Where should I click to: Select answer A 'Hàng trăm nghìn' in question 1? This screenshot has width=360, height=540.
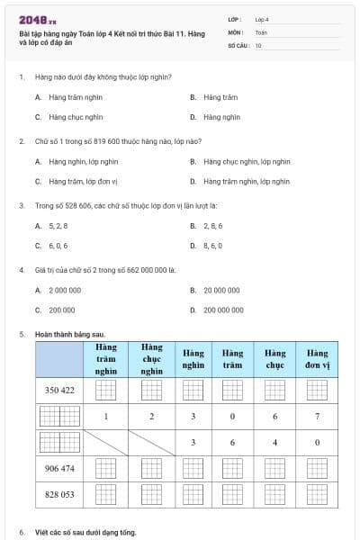(x=68, y=96)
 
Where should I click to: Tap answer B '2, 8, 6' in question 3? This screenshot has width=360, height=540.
(x=212, y=225)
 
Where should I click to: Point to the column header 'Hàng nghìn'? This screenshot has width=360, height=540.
(x=193, y=359)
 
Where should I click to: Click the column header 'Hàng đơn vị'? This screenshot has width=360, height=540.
(x=317, y=359)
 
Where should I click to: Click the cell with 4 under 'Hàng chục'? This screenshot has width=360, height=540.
(x=274, y=443)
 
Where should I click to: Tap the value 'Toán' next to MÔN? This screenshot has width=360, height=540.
(x=261, y=31)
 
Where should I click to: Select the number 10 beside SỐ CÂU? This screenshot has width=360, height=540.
(x=258, y=44)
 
